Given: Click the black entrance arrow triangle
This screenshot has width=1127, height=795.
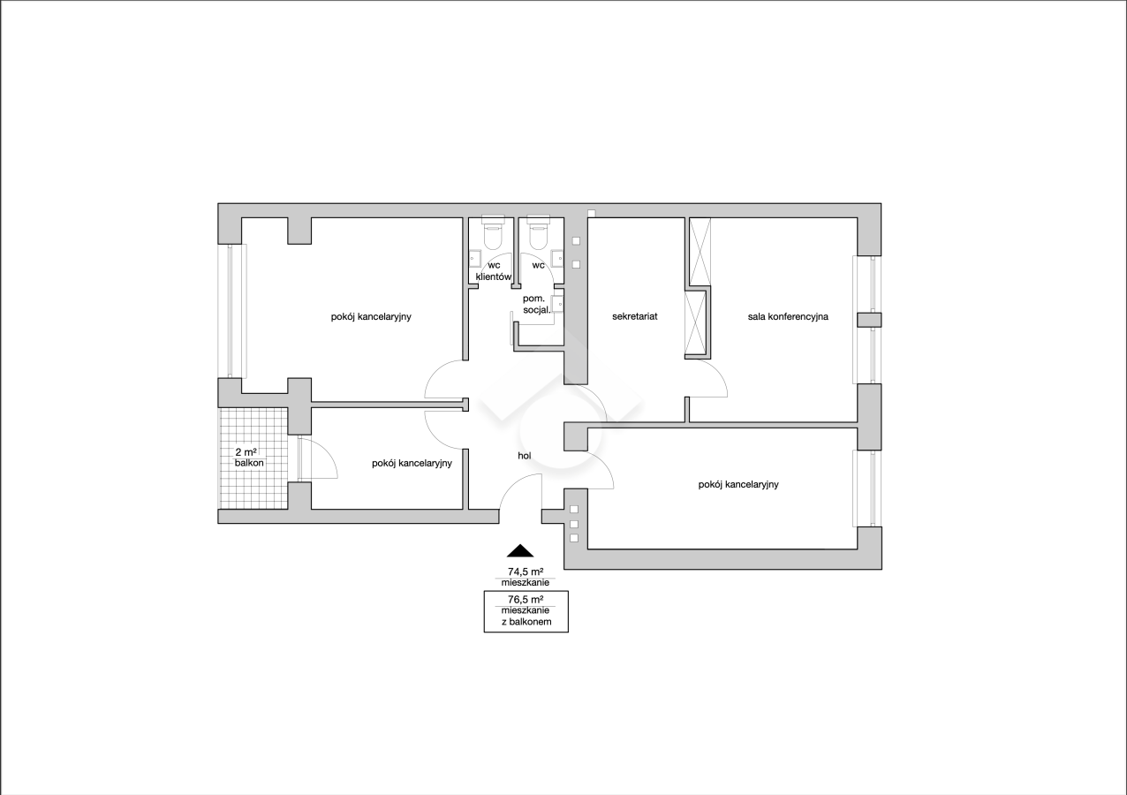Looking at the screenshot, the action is pos(520,551).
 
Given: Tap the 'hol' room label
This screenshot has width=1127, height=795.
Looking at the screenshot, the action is pos(525,456).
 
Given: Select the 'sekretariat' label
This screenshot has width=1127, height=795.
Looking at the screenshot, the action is pos(634,316).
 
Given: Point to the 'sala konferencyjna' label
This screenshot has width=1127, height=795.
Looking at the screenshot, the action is pos(788,316).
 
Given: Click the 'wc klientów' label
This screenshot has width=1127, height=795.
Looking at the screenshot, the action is pos(494,270).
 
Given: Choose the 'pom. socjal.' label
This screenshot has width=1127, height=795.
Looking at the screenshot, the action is pos(537,305).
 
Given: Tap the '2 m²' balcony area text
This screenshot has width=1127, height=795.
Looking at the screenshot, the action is pos(246,452).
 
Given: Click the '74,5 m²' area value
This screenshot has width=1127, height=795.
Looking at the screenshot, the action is pos(526,572).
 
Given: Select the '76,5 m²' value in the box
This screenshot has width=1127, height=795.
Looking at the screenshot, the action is pos(526,599).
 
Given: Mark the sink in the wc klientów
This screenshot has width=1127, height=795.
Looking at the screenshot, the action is pos(475,259).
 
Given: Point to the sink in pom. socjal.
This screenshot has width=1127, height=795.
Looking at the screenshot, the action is pos(557,305).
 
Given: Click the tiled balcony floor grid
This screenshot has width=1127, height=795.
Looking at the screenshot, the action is pos(254,458).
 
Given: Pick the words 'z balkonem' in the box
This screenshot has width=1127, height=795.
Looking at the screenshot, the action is pos(526,622).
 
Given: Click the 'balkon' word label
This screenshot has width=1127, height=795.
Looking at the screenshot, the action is pos(249,463).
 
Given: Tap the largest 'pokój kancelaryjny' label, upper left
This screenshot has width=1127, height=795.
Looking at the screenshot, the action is pos(371,316).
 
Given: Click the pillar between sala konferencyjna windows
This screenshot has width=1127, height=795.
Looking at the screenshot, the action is pos(869,320).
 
